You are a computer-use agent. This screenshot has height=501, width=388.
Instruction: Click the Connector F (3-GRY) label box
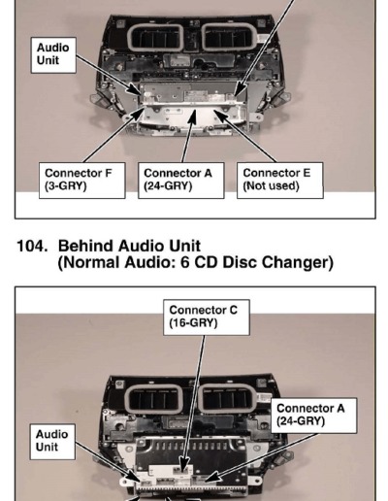point(82,181)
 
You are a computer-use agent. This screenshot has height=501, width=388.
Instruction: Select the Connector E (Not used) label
point(280,181)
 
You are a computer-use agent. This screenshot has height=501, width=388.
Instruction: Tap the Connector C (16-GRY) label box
point(207,317)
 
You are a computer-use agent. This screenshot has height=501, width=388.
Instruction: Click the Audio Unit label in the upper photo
point(53,55)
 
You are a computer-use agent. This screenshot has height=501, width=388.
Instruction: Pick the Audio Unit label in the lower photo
point(52,442)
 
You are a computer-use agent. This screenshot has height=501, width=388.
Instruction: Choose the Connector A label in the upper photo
point(181,181)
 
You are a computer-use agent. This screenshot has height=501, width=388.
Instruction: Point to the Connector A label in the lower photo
point(314,416)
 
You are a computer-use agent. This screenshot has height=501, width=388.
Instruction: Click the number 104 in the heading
point(32,246)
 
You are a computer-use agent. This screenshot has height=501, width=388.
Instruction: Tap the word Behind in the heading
point(85,246)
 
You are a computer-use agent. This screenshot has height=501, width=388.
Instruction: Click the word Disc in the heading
point(240,262)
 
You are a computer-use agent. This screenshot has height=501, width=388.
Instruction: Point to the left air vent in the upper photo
point(155,38)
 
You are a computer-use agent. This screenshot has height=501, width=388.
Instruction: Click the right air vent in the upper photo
point(229,38)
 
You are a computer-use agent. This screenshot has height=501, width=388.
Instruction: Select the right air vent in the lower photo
point(227,398)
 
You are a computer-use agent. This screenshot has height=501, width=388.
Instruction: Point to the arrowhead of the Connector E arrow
point(218,114)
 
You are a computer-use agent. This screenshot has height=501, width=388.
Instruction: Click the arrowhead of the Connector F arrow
point(139,114)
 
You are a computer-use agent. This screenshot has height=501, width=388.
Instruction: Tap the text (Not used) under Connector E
point(271,186)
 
